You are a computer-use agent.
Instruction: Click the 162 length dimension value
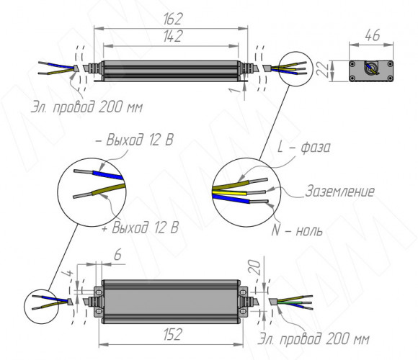173,19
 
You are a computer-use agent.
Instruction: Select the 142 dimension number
173,36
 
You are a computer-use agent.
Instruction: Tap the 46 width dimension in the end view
372,35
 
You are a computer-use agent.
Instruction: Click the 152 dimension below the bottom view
173,334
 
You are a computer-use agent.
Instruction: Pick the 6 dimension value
117,255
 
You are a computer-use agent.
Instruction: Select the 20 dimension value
255,267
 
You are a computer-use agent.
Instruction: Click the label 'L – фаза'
303,147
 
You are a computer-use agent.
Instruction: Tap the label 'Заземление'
339,192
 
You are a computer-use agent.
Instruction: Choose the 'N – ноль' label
297,230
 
